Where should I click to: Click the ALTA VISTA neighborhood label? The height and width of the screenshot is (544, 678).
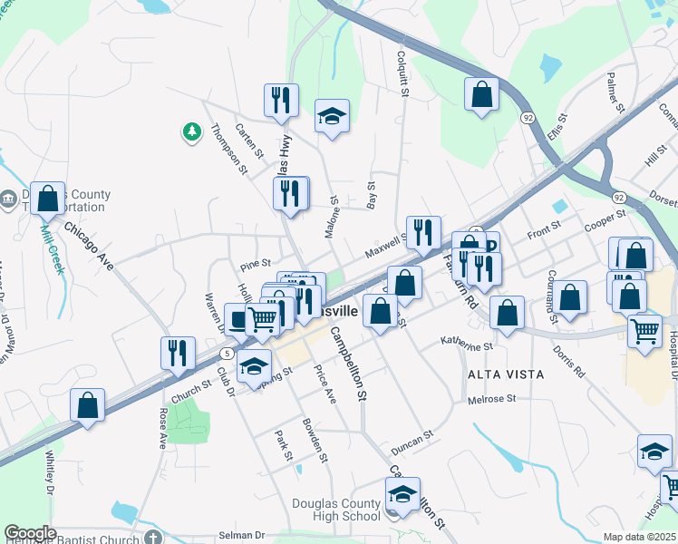505,374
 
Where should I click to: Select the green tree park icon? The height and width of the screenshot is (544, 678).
191,132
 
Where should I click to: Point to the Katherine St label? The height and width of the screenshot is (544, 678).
466,345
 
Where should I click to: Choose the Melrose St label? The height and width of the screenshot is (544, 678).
491,399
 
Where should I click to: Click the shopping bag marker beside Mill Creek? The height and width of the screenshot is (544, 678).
48,198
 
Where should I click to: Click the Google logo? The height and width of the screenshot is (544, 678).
30,533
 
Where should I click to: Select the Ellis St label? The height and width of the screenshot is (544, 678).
556,126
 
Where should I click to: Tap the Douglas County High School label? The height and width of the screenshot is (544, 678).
336,510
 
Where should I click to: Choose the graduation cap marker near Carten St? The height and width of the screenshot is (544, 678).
332,116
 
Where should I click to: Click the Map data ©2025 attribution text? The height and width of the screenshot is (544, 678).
639,537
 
